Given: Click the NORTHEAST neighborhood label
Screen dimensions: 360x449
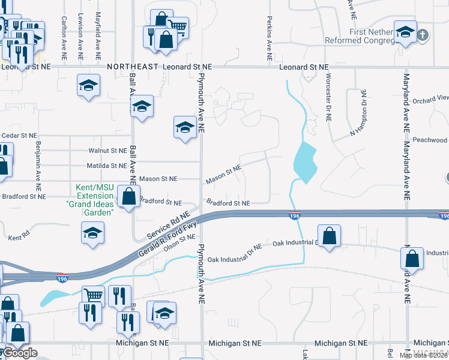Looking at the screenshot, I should (133, 67).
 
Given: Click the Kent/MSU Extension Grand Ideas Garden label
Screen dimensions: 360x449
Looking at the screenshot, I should (95, 200).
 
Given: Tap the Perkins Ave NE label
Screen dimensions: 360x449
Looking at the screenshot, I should (270, 33).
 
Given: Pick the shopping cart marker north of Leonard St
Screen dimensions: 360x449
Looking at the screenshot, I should (178, 26).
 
